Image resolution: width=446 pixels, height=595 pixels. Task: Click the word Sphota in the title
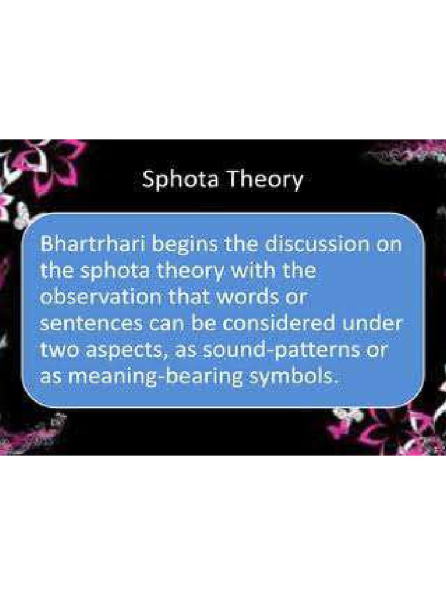[181, 179]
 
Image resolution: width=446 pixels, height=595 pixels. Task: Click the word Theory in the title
[265, 180]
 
